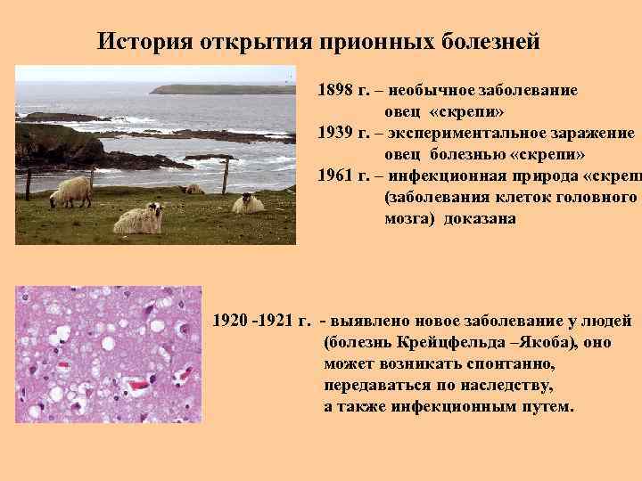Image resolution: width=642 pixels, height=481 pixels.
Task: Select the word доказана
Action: point(475,218)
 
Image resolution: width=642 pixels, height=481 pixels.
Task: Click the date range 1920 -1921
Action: point(261,320)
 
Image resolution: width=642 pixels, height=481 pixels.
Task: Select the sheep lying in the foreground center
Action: point(138,217)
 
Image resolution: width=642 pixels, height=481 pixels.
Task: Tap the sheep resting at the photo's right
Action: point(248,204)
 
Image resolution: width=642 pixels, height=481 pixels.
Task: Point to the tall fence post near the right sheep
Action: point(226,176)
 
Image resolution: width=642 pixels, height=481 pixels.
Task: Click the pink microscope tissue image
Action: point(109,354)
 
